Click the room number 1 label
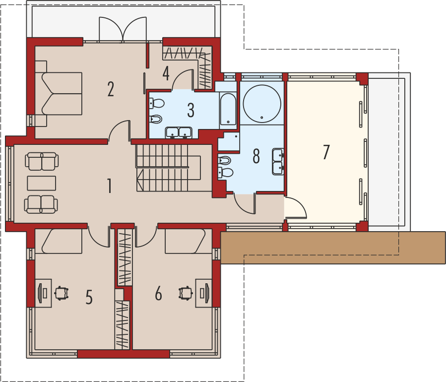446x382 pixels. [110, 186]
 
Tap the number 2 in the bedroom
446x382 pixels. [111, 89]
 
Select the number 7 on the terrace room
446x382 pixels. [326, 152]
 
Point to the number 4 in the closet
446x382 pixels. [166, 73]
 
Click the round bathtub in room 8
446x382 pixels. [262, 104]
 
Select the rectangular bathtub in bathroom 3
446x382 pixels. [228, 109]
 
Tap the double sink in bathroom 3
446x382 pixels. [179, 132]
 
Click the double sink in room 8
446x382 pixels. [278, 162]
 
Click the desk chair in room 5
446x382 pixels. [62, 293]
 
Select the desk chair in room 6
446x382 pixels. [186, 293]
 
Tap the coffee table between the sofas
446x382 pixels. [42, 183]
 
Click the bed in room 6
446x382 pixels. [185, 241]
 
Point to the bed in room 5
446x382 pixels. [62, 241]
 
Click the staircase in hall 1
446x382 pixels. [168, 168]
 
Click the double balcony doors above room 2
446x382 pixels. [123, 29]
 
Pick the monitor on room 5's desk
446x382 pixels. [40, 293]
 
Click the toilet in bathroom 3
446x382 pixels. [157, 103]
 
